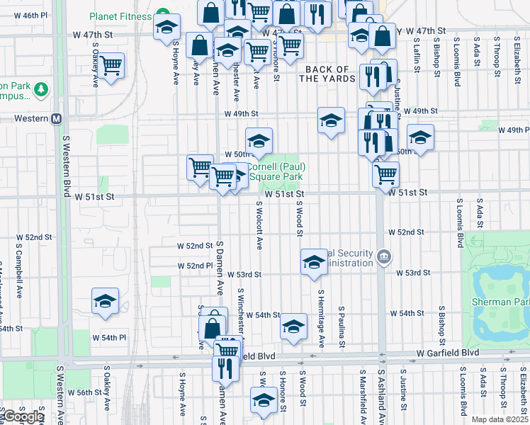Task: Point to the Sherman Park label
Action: tap(500, 302)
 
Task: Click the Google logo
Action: tap(23, 416)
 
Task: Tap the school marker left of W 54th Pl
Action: tap(106, 302)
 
